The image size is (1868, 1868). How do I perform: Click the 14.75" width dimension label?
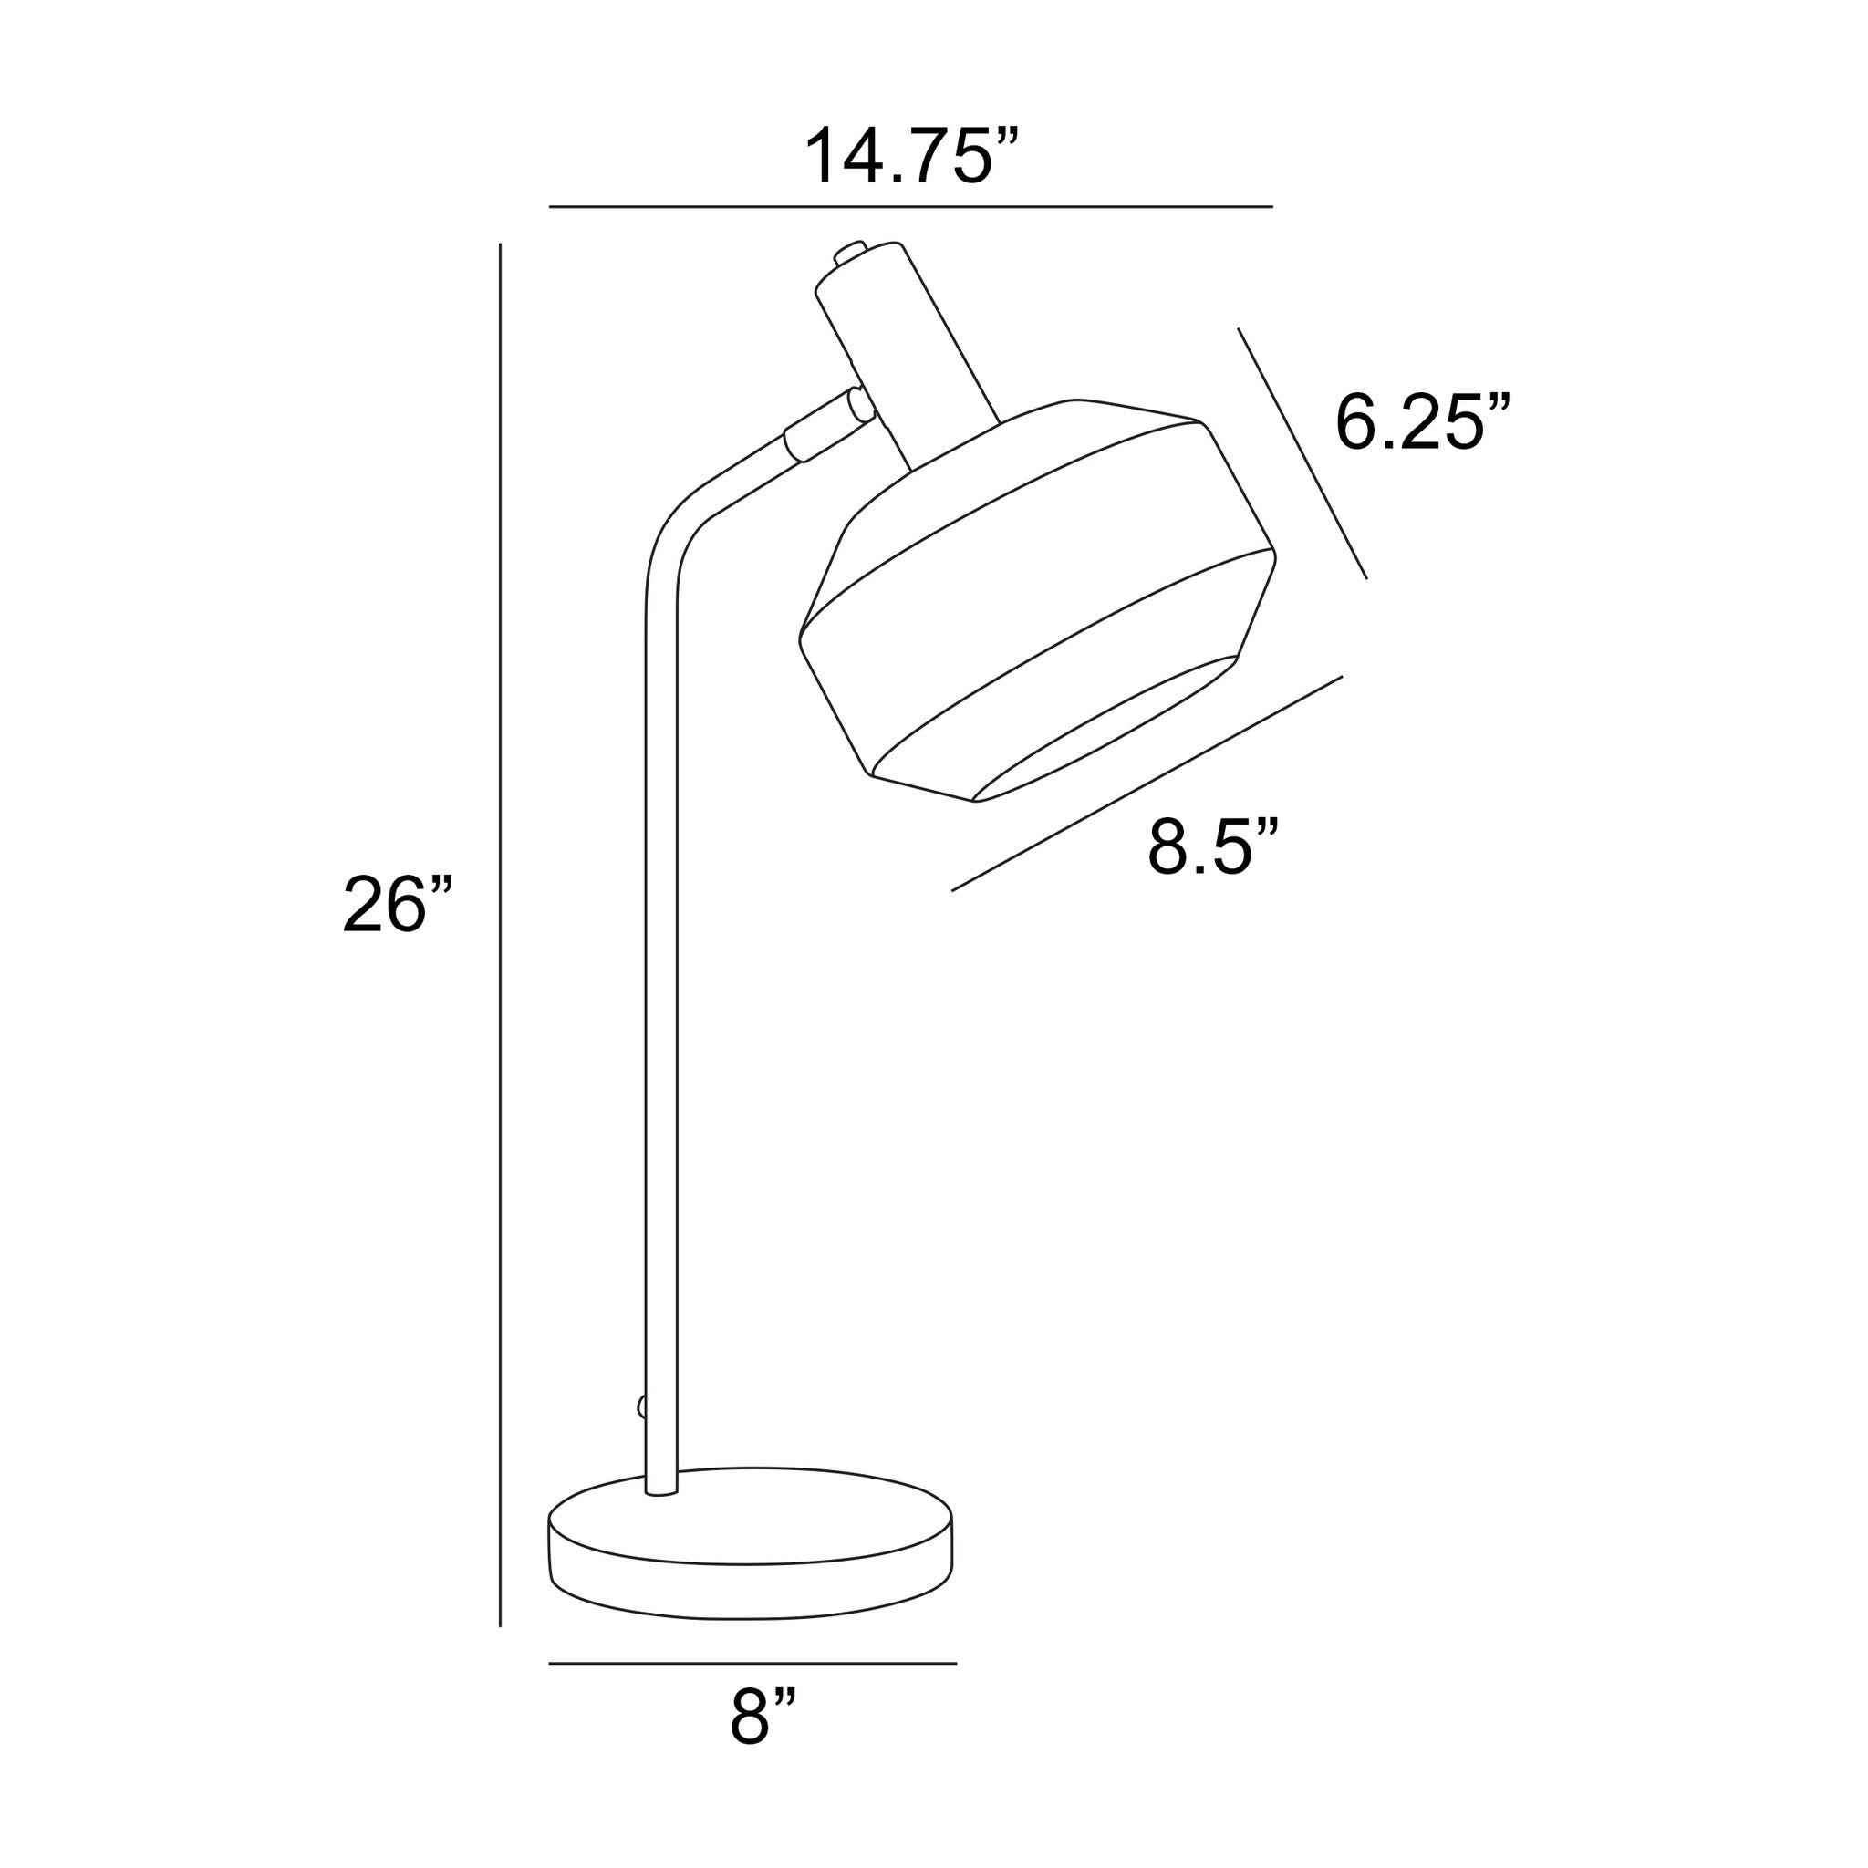coord(913,155)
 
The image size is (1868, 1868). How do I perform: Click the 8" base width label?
coord(763,1743)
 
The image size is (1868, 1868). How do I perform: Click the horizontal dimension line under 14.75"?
coord(911,207)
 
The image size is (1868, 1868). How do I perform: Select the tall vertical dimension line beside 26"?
coord(500,935)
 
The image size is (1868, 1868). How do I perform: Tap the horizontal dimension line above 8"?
coord(752,1664)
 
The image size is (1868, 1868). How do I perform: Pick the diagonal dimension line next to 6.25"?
coord(1302,453)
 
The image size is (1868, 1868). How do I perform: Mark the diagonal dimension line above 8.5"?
coord(1147,784)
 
